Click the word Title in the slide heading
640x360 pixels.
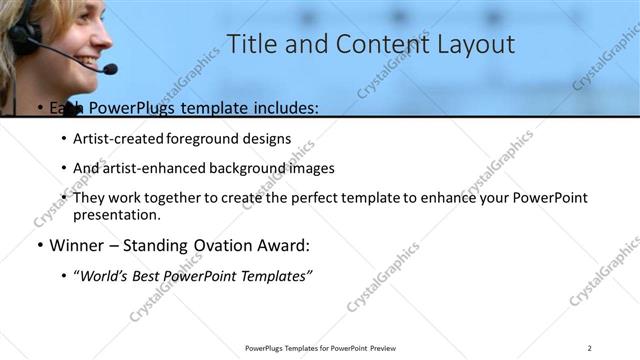click(252, 44)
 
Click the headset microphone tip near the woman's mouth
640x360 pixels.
click(109, 69)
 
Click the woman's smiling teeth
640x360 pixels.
click(89, 59)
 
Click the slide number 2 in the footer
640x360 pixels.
click(590, 347)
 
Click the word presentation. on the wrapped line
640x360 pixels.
click(116, 214)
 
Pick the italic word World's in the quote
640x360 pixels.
click(105, 275)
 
